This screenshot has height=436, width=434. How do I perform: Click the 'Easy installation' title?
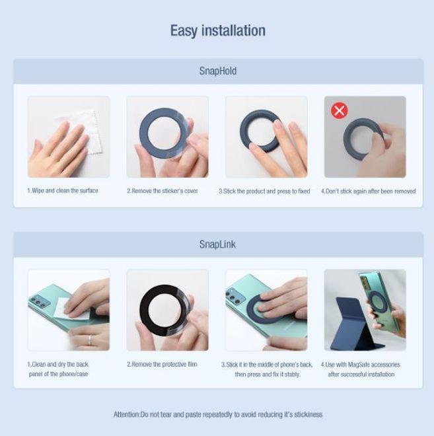(218, 30)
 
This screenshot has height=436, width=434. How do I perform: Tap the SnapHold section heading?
(218, 71)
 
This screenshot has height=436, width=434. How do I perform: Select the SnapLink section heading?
(217, 244)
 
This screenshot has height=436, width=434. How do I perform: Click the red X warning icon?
(339, 110)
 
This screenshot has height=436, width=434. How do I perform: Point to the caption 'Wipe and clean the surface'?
(63, 191)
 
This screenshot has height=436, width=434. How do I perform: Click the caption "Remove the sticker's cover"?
(163, 191)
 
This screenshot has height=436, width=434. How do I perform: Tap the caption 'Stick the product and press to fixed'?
(264, 192)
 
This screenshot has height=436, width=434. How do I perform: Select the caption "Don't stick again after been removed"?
(369, 192)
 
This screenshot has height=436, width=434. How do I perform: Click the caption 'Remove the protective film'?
(162, 364)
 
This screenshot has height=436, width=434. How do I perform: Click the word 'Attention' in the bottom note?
(126, 415)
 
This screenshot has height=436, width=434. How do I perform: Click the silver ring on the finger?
(90, 340)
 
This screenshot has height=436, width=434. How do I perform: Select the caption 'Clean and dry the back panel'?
(58, 369)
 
